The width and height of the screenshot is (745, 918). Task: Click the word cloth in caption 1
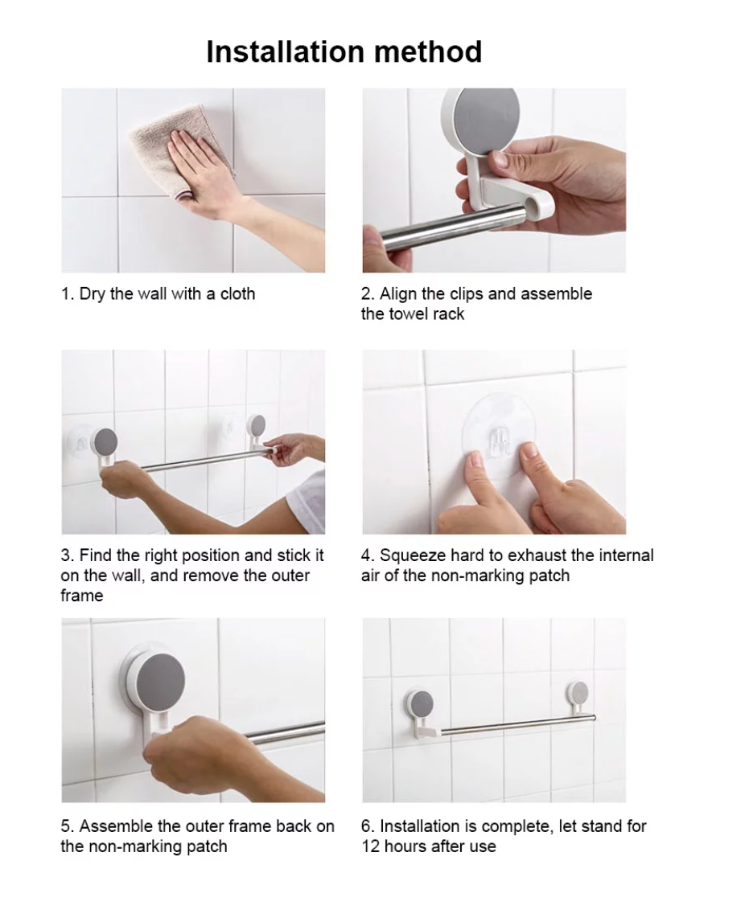237,294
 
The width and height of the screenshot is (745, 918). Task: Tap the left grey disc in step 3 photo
105,441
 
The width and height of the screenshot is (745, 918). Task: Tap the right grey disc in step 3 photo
257,425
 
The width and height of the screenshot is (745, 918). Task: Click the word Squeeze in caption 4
411,555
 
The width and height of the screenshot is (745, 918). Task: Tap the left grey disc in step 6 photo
422,705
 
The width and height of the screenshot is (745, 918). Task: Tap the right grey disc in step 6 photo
578,694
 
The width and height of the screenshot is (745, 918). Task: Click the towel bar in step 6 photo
515,724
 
